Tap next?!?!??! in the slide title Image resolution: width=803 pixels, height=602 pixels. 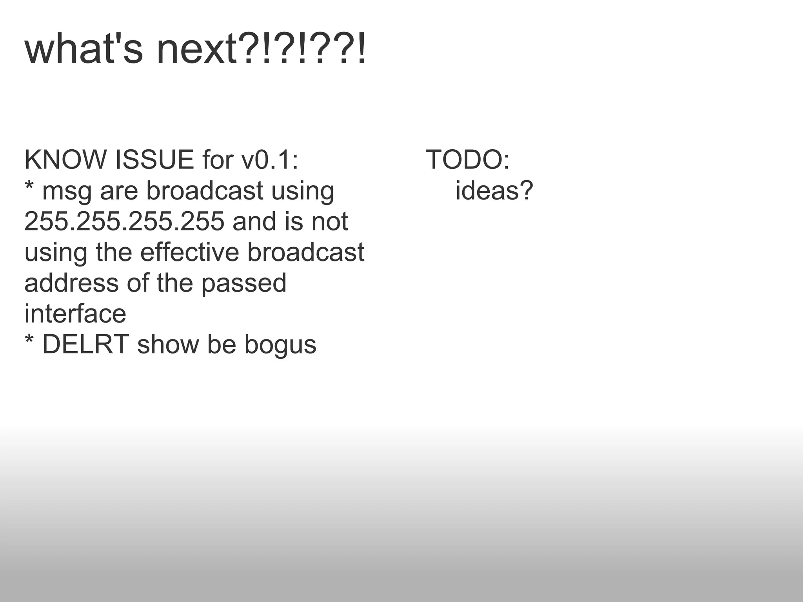tap(261, 50)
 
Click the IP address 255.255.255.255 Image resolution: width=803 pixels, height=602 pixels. tap(124, 221)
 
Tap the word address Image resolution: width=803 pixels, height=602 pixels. tap(71, 283)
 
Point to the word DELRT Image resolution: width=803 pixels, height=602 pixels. tap(85, 345)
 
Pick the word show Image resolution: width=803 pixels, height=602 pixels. tap(168, 345)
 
